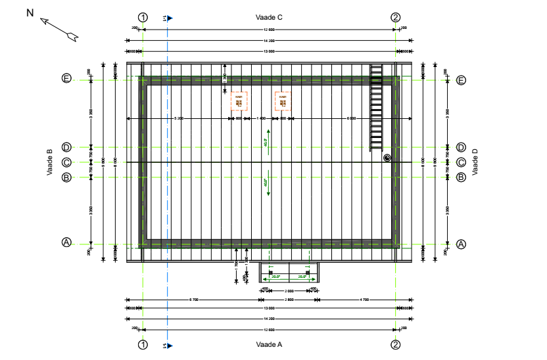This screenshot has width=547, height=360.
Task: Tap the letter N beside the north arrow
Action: pos(30,12)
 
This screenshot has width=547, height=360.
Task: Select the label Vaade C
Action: pos(269,18)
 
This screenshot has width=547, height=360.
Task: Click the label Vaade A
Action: pos(269,344)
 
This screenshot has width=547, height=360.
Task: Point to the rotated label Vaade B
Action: pos(49,162)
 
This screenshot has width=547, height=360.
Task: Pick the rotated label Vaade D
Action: pos(475,162)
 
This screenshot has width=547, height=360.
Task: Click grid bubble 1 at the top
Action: pos(143,18)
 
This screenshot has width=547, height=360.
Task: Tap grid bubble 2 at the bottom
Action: pos(395,344)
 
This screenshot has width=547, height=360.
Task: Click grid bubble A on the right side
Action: pos(461,243)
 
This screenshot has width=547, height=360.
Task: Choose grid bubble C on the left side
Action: pos(66,162)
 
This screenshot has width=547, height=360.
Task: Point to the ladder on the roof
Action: pos(377,106)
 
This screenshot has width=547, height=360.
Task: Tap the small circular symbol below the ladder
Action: pos(387,158)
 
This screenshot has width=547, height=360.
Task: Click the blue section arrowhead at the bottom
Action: pos(170,344)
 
